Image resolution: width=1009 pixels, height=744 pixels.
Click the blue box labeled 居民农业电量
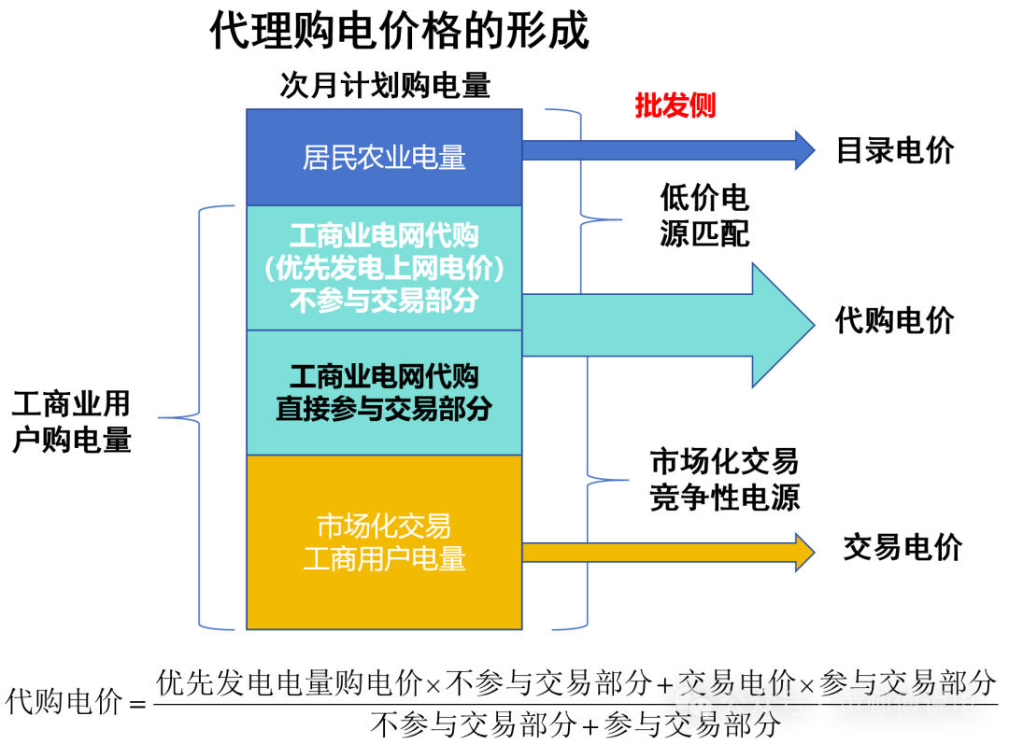[384, 157]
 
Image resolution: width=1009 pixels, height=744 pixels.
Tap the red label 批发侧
[675, 105]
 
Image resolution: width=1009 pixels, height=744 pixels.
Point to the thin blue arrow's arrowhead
[803, 150]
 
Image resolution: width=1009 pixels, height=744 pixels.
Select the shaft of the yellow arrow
[654, 553]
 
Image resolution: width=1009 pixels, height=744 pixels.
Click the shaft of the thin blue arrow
[654, 150]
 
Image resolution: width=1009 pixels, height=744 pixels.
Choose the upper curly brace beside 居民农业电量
[581, 168]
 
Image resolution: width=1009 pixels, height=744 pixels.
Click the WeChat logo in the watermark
[693, 702]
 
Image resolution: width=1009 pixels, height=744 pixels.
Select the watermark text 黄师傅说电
[906, 703]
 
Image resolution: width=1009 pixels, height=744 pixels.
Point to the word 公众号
[762, 703]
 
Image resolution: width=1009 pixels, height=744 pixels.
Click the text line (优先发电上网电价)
[384, 269]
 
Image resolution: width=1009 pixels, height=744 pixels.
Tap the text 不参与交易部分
[384, 301]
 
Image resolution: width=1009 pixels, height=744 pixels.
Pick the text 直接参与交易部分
[384, 409]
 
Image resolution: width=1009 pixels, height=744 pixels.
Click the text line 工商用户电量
[384, 559]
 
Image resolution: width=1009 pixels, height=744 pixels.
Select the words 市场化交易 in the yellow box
[384, 526]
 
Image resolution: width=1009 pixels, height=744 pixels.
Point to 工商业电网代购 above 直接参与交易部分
[384, 377]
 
